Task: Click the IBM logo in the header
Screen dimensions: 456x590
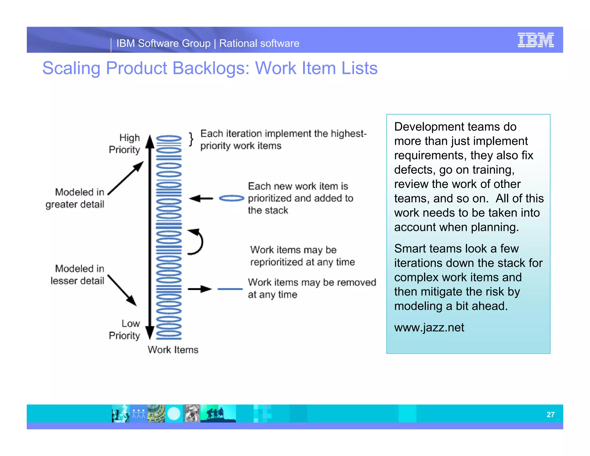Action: [535, 40]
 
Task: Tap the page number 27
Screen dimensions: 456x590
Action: [550, 414]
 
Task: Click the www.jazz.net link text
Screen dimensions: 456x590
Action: [429, 327]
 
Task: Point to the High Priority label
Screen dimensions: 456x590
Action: [124, 144]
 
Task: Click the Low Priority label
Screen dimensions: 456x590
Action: [124, 329]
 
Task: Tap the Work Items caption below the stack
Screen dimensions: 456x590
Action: [173, 350]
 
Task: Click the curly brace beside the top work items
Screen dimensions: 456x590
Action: [191, 140]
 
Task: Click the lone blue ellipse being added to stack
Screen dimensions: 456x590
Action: [231, 198]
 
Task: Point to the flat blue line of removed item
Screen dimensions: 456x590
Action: [230, 289]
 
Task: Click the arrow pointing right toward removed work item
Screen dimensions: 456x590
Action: [200, 289]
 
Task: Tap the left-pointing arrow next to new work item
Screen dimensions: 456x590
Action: [201, 198]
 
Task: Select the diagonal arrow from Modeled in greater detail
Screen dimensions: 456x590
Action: [126, 178]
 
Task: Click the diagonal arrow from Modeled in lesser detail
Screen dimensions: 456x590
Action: [122, 290]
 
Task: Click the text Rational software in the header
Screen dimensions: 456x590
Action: [259, 44]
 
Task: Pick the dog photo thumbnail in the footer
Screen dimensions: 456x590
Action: [192, 414]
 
